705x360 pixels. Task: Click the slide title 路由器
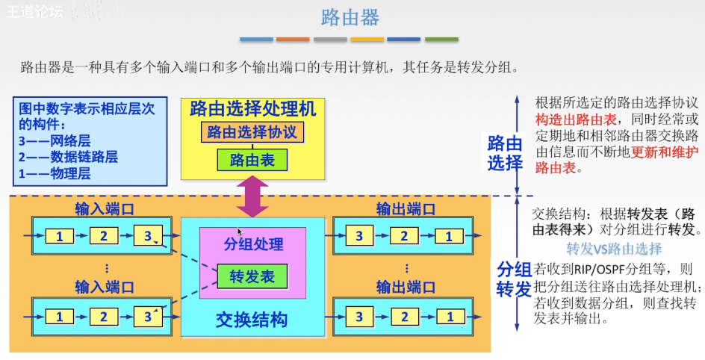click(x=350, y=17)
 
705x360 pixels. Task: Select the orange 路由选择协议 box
click(x=252, y=133)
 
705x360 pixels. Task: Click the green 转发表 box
click(x=252, y=276)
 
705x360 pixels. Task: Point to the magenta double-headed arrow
click(x=252, y=197)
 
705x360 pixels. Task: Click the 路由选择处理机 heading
click(x=253, y=109)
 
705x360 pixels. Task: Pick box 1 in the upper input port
click(x=60, y=237)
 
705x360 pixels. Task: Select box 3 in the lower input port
click(x=148, y=317)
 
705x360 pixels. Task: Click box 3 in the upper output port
click(x=359, y=237)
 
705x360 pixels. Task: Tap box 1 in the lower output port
click(x=448, y=317)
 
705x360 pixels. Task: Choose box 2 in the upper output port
click(x=404, y=237)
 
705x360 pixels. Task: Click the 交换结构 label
click(x=252, y=320)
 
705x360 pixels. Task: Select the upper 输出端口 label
click(x=406, y=209)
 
